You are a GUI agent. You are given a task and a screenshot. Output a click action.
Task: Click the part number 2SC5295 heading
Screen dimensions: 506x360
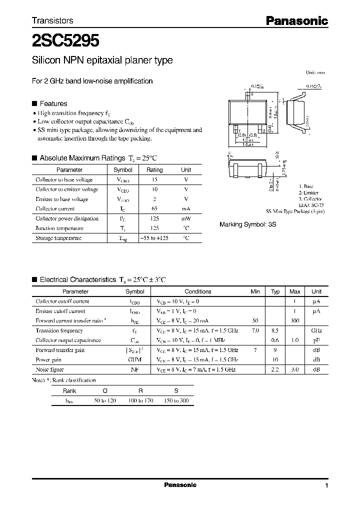65,39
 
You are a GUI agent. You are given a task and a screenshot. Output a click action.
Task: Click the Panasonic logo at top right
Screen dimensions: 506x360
296,20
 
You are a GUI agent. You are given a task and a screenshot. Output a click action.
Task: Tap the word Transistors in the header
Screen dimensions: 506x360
52,20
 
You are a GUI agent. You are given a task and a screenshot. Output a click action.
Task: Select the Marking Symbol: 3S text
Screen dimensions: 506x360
247,225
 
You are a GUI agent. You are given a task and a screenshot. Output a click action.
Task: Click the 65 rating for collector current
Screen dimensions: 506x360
154,209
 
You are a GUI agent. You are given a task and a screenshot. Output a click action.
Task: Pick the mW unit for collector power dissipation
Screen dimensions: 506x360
186,219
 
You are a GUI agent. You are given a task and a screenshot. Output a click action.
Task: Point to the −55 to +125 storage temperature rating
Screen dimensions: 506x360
154,238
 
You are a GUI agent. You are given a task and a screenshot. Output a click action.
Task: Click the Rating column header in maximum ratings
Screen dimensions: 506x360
154,170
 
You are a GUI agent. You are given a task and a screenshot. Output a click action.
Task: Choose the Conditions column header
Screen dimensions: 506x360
198,291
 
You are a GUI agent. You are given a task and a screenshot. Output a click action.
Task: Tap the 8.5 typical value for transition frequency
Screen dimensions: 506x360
275,330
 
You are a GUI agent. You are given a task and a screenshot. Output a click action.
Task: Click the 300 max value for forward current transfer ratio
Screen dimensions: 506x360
295,321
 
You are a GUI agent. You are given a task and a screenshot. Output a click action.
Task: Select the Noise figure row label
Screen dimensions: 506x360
48,369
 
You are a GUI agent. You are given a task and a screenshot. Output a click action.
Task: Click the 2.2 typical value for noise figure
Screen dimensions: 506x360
275,369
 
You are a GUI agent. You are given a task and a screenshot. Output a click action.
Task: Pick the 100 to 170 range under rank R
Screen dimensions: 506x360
140,401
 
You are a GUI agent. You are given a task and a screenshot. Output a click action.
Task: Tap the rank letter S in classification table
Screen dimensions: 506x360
175,391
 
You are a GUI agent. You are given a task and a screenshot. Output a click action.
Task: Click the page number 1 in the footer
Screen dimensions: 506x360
326,485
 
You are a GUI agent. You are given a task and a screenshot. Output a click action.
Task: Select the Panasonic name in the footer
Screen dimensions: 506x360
180,485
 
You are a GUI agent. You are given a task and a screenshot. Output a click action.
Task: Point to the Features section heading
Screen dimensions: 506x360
53,103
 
